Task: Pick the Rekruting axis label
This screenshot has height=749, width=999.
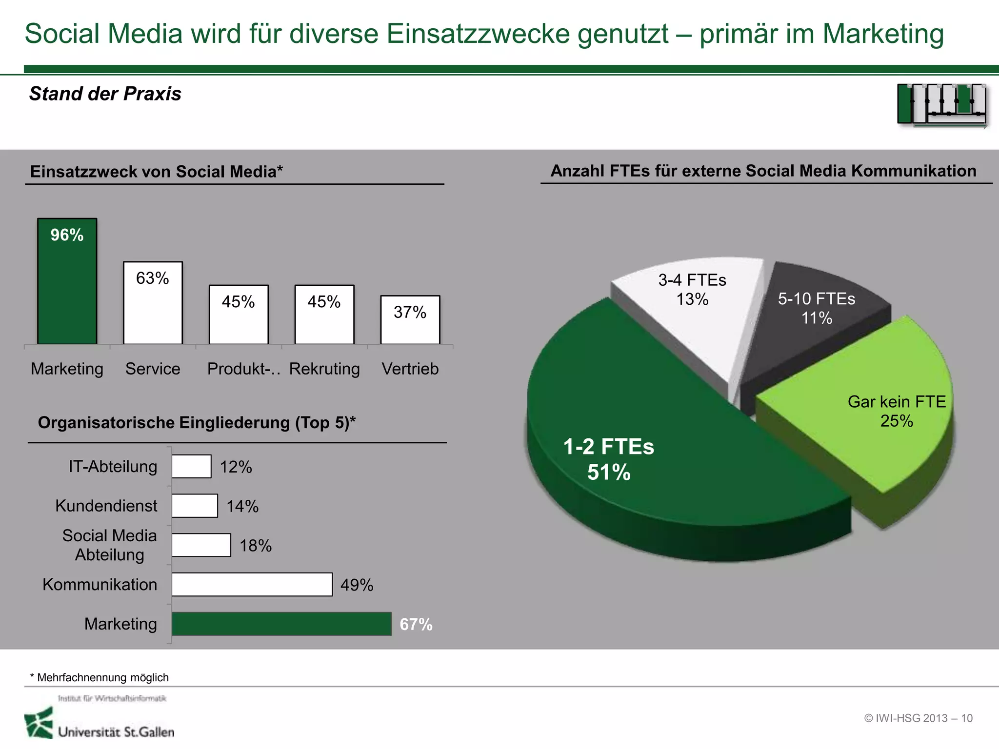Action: pos(324,369)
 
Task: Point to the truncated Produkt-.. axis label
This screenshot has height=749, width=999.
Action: pos(243,369)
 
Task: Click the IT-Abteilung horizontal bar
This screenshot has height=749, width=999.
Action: pos(191,467)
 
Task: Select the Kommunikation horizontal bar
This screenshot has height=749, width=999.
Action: pos(252,584)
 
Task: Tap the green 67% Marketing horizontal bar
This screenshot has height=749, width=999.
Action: pos(281,624)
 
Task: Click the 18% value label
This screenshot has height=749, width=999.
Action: pos(255,546)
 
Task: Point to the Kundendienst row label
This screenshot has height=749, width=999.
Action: pos(106,506)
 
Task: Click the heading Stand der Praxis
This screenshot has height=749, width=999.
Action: pos(105,94)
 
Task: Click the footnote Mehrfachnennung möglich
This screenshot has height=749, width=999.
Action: pos(100,677)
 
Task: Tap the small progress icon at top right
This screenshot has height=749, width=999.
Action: pos(941,105)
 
